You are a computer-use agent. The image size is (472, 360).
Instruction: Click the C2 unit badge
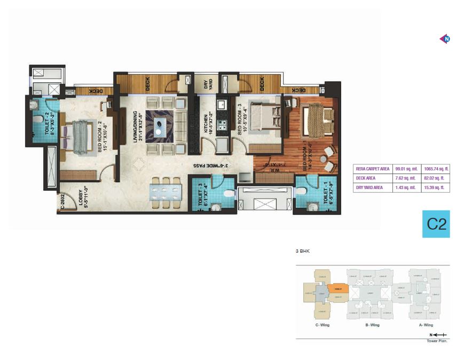437,224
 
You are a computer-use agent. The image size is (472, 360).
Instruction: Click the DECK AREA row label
366,178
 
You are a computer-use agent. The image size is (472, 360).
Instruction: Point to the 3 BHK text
303,251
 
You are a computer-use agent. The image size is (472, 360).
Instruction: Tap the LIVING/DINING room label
138,127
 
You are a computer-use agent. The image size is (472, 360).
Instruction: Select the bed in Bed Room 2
79,137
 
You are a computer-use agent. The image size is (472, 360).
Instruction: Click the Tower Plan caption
436,340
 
